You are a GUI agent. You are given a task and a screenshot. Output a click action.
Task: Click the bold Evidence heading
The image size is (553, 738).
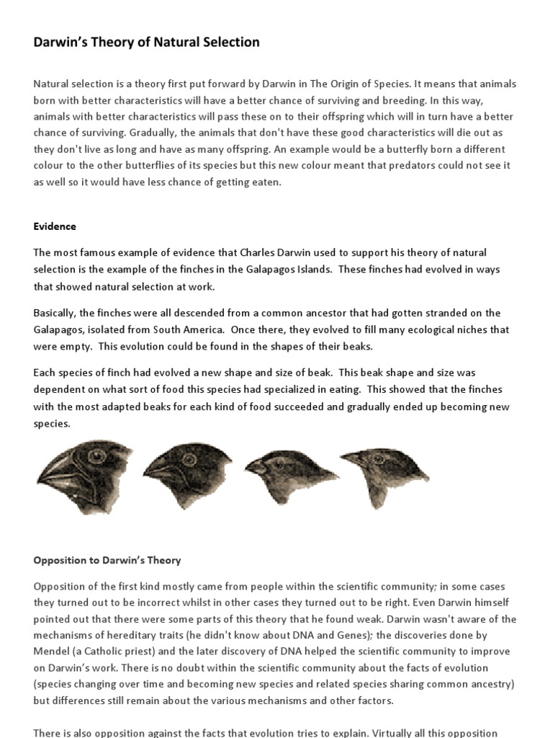pos(55,226)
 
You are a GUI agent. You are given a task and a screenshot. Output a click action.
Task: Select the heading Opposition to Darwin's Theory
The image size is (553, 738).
pos(107,560)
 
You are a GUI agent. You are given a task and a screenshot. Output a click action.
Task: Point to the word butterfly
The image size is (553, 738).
pos(408,149)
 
